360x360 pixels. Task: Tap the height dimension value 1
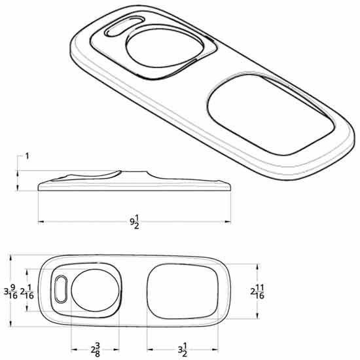[x=27, y=156]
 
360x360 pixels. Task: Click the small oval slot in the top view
[x=61, y=288]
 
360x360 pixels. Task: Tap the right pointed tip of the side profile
[x=230, y=186]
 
